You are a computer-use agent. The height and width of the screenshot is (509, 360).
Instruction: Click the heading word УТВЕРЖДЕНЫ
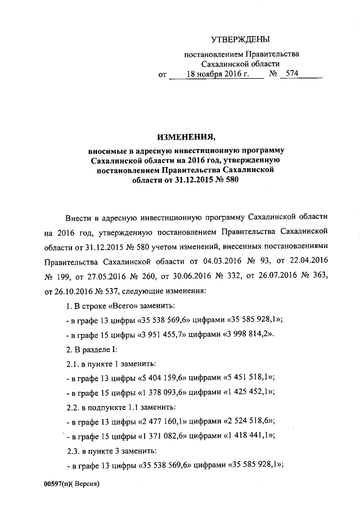tap(240, 39)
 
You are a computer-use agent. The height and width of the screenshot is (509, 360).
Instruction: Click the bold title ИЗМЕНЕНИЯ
tap(186, 137)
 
